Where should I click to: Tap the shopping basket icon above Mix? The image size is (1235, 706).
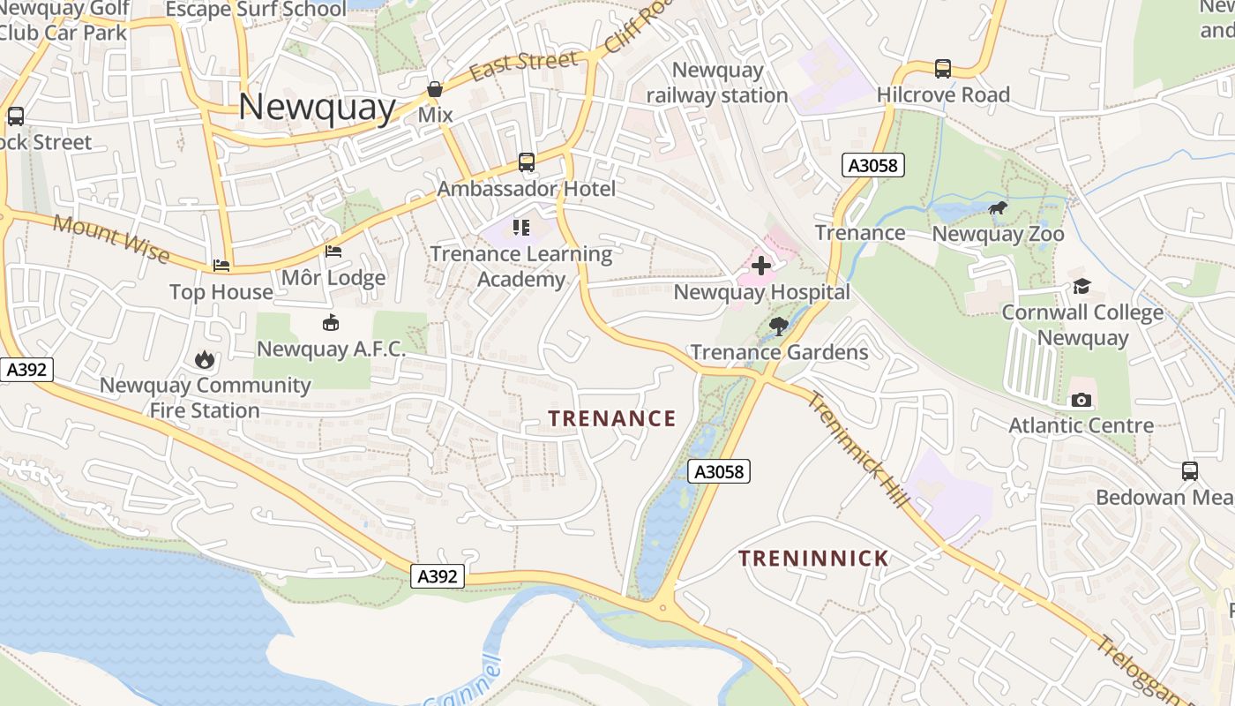pyautogui.click(x=435, y=89)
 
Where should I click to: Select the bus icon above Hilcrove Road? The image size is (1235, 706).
pyautogui.click(x=943, y=68)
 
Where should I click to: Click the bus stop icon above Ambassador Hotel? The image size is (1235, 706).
pyautogui.click(x=527, y=162)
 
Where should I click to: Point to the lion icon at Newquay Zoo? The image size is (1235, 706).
pyautogui.click(x=998, y=209)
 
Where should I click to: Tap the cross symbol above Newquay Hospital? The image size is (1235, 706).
pyautogui.click(x=761, y=266)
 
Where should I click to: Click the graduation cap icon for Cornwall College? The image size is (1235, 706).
pyautogui.click(x=1082, y=287)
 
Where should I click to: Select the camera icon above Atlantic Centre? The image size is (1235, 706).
pyautogui.click(x=1081, y=400)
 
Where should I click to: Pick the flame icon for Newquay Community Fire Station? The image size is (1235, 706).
pyautogui.click(x=205, y=359)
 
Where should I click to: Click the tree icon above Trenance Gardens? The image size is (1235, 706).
pyautogui.click(x=779, y=327)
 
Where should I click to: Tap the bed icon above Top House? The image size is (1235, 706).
pyautogui.click(x=221, y=266)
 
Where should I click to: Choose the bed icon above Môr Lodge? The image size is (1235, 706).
pyautogui.click(x=333, y=252)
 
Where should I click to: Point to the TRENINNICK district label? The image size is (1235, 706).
pyautogui.click(x=813, y=559)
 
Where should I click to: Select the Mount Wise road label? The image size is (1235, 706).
pyautogui.click(x=111, y=238)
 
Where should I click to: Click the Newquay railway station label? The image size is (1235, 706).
pyautogui.click(x=717, y=82)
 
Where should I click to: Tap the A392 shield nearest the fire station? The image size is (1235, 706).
pyautogui.click(x=26, y=370)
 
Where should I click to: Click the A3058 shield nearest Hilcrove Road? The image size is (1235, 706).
pyautogui.click(x=873, y=165)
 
